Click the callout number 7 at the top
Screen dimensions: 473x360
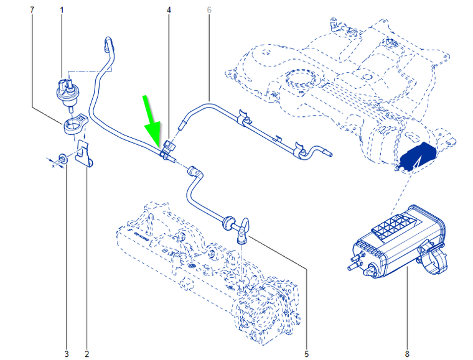click(x=32, y=10)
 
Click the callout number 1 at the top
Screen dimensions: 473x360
click(x=62, y=10)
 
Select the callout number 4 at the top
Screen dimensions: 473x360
click(x=169, y=10)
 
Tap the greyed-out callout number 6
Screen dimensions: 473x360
click(x=209, y=10)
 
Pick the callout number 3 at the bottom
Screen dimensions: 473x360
click(x=67, y=354)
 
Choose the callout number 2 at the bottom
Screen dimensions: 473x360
click(x=87, y=354)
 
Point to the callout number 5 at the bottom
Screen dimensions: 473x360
click(x=306, y=354)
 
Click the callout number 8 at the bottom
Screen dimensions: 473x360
click(x=407, y=354)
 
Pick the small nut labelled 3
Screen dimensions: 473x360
click(x=63, y=158)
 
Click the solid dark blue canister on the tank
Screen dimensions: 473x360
click(x=417, y=156)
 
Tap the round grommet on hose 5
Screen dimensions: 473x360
click(x=228, y=223)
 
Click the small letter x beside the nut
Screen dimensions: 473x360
click(x=54, y=165)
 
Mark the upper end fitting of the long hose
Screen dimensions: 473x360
click(x=108, y=44)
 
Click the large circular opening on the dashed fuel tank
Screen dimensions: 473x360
click(x=301, y=79)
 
